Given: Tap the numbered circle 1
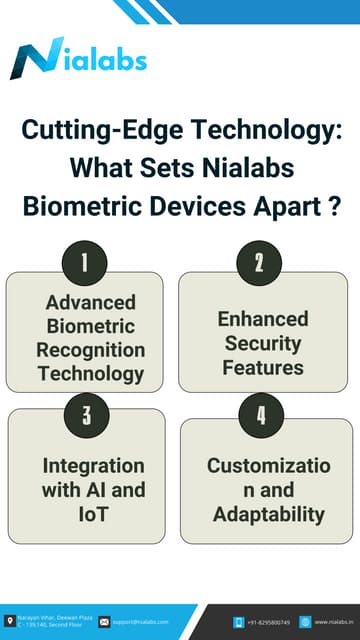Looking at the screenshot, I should point(85,263).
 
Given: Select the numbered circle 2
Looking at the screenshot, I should point(259,263).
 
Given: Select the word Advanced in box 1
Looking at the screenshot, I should point(91,302).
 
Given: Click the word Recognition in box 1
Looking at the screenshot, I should point(91,350).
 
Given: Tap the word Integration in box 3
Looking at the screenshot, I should point(93,466).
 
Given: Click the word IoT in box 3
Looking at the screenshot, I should point(93,514).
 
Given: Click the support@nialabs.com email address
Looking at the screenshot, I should point(140,622).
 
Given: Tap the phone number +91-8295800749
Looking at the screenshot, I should point(270,622).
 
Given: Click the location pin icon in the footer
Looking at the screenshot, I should point(10,621).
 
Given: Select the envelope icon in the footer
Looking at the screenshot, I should point(104,622).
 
